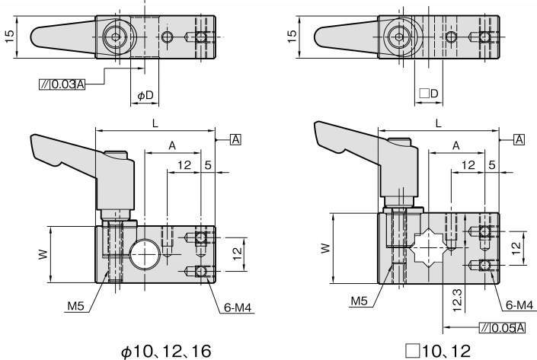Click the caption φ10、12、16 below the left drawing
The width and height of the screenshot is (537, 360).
click(x=166, y=351)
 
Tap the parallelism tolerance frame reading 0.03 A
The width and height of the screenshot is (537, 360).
click(x=62, y=84)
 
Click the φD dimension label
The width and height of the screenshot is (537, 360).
click(x=145, y=94)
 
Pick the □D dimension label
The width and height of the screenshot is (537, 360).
click(x=429, y=94)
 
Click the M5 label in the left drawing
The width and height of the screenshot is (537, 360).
click(x=75, y=307)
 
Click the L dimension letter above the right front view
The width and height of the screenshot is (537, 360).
click(x=438, y=123)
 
